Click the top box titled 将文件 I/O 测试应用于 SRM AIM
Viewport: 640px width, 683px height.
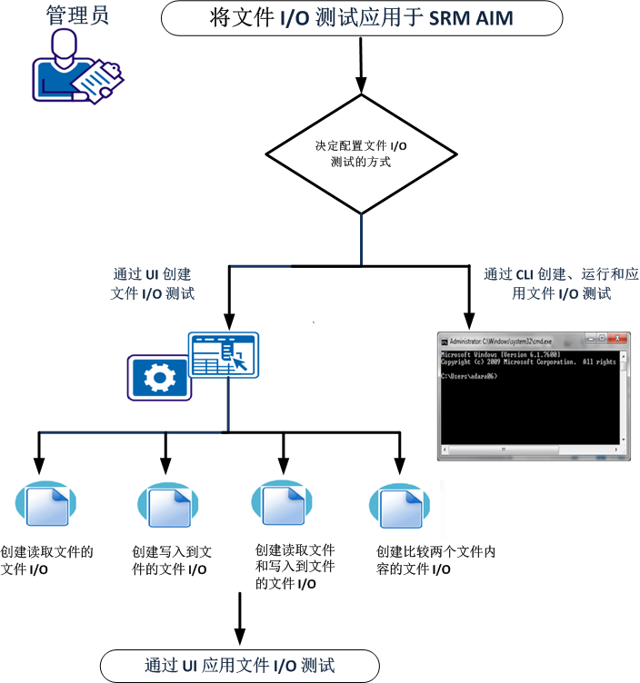point(361,18)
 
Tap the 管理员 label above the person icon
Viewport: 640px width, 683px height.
point(77,15)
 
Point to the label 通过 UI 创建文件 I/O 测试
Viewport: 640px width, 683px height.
point(153,283)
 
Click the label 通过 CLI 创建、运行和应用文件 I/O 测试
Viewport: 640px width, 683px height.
point(548,283)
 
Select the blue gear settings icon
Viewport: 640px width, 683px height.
point(160,376)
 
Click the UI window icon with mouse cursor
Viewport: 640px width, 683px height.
point(224,360)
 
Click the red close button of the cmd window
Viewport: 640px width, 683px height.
point(618,337)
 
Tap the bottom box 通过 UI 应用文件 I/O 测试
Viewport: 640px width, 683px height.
point(240,665)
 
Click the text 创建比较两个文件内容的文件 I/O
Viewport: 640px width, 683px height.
point(435,560)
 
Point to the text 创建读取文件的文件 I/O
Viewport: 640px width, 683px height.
point(47,560)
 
